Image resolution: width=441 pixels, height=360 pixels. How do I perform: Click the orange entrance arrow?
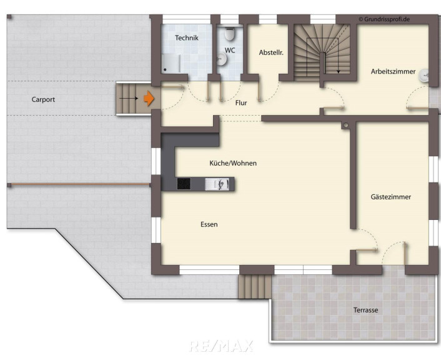(x=149, y=98)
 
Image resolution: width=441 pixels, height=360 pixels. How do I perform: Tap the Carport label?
(x=43, y=99)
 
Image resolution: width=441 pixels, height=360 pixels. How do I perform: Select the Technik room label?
(x=187, y=37)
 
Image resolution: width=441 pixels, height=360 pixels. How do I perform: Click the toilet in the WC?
(x=229, y=34)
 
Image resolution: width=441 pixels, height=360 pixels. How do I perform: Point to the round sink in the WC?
(x=222, y=59)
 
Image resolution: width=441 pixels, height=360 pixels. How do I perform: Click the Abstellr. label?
(x=271, y=52)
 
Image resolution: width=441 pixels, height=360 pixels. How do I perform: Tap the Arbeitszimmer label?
(x=393, y=71)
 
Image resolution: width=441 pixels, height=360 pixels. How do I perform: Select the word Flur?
(x=241, y=102)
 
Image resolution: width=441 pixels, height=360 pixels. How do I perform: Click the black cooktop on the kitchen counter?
(x=184, y=184)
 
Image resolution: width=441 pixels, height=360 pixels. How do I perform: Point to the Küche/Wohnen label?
(x=233, y=163)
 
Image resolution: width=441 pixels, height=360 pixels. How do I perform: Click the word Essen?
(x=209, y=224)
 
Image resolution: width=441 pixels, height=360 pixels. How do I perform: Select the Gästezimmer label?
(x=390, y=197)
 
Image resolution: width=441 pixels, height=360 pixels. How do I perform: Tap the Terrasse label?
(x=365, y=310)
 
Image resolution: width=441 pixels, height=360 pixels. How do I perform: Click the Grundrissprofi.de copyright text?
(x=384, y=19)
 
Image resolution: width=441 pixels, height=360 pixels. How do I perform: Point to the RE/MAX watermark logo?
(x=221, y=346)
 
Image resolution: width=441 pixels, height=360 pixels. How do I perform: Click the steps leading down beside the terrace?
(x=254, y=286)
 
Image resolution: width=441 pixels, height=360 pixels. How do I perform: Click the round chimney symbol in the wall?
(x=346, y=125)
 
